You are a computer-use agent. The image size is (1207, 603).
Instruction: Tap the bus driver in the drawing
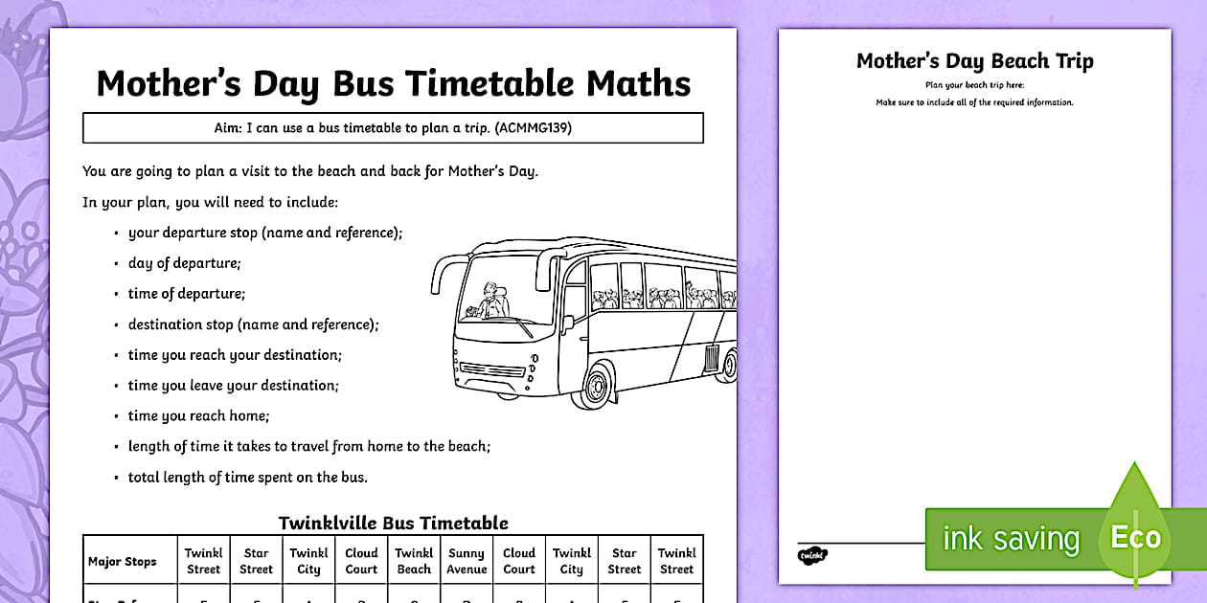tap(490, 301)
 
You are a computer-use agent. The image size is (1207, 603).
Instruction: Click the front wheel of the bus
tap(597, 385)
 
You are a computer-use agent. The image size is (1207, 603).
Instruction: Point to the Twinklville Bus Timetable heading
tap(393, 523)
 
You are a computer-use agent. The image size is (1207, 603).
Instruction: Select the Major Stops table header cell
tap(122, 561)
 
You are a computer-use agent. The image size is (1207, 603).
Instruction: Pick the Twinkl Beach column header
tap(414, 561)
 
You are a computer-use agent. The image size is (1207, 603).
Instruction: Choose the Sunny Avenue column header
tap(467, 561)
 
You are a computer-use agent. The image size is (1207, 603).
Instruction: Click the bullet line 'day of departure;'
tap(184, 263)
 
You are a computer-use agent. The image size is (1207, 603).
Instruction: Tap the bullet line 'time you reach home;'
tap(198, 415)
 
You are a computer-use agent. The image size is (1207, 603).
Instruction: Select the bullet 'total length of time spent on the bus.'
tap(247, 477)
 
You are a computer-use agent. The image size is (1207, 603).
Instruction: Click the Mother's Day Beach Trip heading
tap(974, 61)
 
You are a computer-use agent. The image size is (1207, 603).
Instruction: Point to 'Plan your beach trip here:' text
tap(974, 85)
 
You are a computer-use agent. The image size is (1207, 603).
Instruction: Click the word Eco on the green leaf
tap(1135, 537)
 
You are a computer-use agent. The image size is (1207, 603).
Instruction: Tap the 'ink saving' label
tap(1011, 539)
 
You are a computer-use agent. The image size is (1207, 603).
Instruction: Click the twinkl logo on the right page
tap(811, 554)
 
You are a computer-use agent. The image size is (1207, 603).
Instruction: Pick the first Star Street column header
tap(256, 561)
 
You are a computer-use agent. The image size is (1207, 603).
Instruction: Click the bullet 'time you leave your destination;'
tap(233, 385)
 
